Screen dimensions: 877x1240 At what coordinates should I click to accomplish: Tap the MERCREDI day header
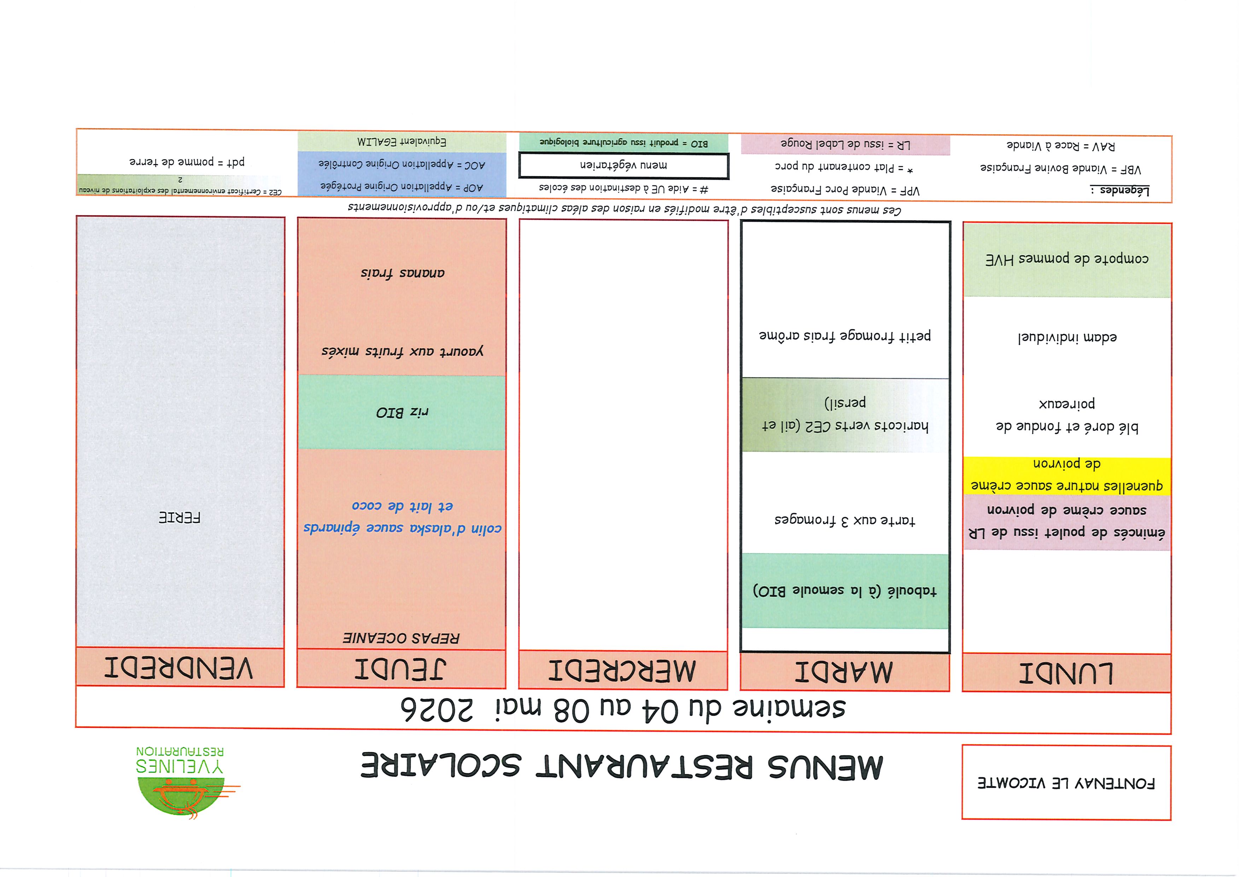coord(623,670)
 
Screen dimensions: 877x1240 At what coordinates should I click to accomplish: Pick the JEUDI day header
coord(401,669)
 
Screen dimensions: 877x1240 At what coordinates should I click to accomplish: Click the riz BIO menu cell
coord(402,412)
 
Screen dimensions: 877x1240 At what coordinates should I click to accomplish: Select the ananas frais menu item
coord(402,273)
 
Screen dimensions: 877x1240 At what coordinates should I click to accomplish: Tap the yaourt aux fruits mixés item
coord(402,351)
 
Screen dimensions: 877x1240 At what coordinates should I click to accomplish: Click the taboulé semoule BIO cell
coord(845,590)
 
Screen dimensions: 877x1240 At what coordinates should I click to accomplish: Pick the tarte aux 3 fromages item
coord(845,520)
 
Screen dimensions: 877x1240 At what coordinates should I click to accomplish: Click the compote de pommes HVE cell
coord(1067,259)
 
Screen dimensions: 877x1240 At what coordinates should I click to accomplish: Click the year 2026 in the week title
coord(437,709)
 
